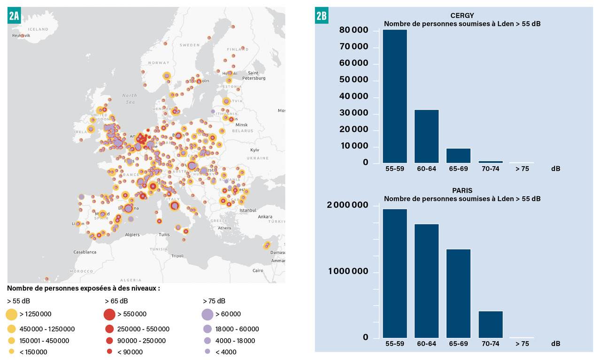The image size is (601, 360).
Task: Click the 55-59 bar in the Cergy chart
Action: [x=395, y=96]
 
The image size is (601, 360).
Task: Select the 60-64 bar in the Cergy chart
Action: [x=426, y=136]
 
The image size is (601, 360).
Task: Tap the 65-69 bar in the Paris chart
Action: [x=458, y=293]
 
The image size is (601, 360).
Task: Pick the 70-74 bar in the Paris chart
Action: [x=490, y=324]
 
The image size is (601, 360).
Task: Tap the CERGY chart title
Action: [x=462, y=15]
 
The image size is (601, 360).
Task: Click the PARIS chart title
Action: [x=462, y=191]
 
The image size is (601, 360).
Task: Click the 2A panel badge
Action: [x=14, y=16]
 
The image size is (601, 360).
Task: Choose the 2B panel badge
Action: [x=322, y=16]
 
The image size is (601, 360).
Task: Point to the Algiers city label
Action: [x=132, y=235]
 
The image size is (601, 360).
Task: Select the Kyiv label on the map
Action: [x=255, y=150]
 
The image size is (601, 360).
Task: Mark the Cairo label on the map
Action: [x=258, y=271]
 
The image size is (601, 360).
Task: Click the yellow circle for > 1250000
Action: [x=12, y=314]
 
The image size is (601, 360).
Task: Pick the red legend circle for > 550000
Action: [x=109, y=314]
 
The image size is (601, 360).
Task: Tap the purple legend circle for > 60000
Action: [x=208, y=314]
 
